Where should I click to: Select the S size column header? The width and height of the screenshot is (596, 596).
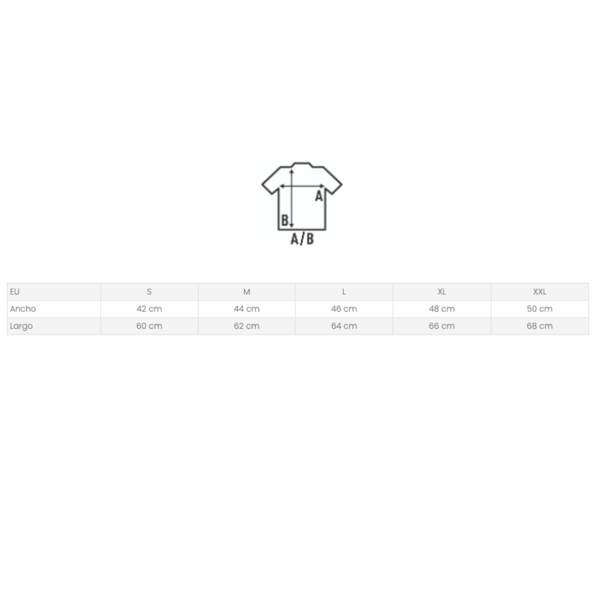(x=149, y=292)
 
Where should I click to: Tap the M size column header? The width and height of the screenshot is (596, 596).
(x=247, y=292)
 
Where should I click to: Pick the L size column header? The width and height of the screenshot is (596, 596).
(x=344, y=292)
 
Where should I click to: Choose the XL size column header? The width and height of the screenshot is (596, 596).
(x=442, y=292)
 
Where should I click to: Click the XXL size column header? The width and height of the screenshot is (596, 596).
(x=540, y=292)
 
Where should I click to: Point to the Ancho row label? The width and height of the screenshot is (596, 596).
(x=23, y=309)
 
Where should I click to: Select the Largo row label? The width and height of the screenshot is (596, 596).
(x=21, y=326)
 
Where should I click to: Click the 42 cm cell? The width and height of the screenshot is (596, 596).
(x=149, y=309)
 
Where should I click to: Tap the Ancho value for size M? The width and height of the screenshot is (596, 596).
(x=247, y=309)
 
